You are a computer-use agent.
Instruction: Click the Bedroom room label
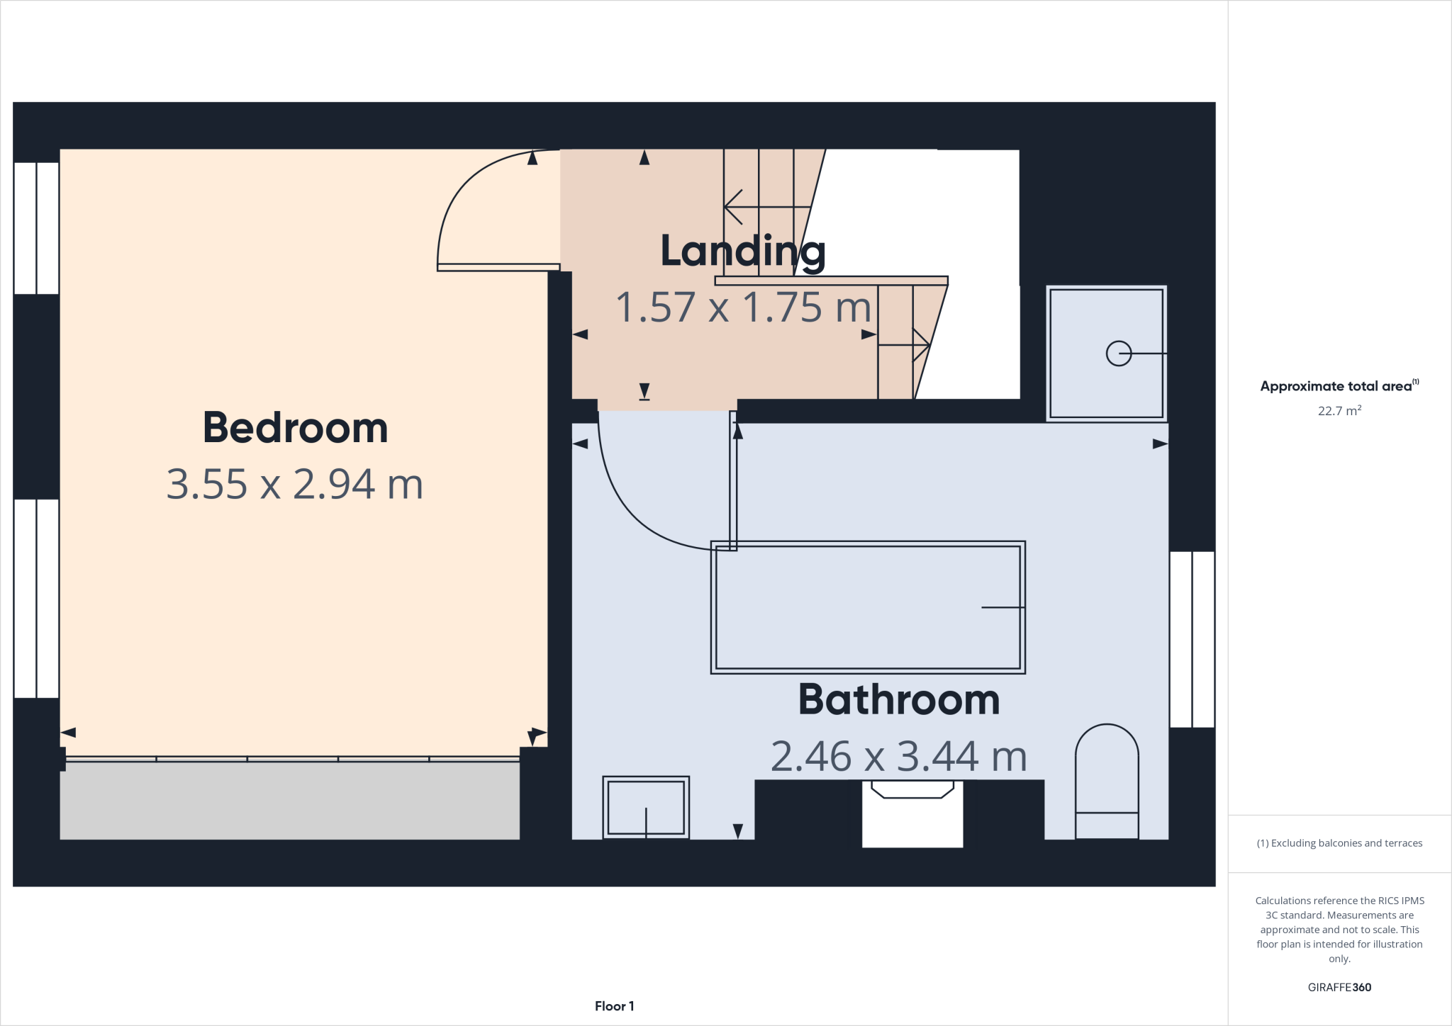tap(295, 428)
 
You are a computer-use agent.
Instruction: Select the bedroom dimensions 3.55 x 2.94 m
tap(295, 485)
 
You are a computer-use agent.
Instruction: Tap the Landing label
tap(742, 251)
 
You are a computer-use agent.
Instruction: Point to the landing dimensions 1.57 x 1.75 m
tap(742, 308)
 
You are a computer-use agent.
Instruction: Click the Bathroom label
tap(898, 699)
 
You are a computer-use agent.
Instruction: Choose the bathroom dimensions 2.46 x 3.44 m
tap(898, 756)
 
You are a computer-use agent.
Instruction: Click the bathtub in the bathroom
tap(868, 607)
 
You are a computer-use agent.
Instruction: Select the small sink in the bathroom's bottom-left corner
tap(646, 808)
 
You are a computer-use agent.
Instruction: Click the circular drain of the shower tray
tap(1119, 353)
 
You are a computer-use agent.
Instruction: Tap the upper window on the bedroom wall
tap(36, 228)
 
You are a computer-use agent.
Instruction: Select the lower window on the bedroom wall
tap(36, 599)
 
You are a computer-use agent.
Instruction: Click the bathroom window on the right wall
tap(1192, 639)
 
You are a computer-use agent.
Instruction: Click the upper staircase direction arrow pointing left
tap(735, 207)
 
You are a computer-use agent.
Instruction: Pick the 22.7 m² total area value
tap(1339, 411)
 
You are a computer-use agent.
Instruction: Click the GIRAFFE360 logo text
tap(1339, 987)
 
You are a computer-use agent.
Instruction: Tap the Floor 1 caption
tap(614, 1006)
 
